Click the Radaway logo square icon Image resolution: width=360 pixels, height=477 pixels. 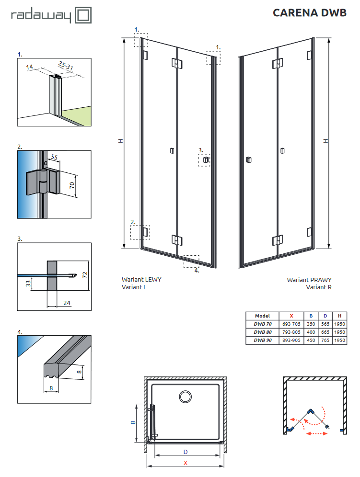click(x=82, y=15)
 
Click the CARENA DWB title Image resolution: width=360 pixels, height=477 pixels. click(x=309, y=13)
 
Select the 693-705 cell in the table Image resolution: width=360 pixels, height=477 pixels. click(x=291, y=324)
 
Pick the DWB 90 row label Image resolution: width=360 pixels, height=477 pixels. click(x=262, y=340)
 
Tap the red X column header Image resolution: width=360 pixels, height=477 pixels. click(x=291, y=316)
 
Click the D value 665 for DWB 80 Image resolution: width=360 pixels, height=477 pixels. click(x=325, y=332)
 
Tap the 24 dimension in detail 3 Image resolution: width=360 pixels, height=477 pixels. click(x=67, y=303)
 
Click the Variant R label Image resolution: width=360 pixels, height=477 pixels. click(x=319, y=287)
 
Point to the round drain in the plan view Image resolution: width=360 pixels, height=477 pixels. click(x=185, y=396)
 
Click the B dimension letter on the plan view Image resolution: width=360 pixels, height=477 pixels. click(x=134, y=422)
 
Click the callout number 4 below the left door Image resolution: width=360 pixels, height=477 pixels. click(x=197, y=270)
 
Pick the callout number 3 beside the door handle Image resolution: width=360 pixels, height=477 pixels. click(x=200, y=150)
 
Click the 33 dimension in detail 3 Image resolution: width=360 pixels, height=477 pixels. click(x=28, y=284)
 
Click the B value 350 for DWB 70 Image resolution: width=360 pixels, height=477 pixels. click(x=311, y=324)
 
